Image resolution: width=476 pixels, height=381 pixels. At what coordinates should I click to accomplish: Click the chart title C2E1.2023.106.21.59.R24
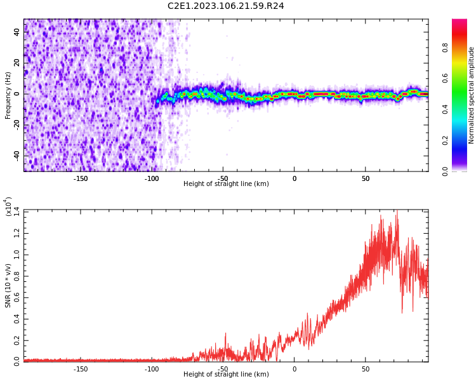226,6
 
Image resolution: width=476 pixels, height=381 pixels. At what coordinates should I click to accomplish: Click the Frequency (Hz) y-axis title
8,95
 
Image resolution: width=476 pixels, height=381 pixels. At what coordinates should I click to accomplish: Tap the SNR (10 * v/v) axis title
8,284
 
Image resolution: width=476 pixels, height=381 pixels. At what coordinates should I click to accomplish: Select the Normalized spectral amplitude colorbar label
472,95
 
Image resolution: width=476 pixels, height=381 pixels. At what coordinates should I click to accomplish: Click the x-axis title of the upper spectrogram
226,184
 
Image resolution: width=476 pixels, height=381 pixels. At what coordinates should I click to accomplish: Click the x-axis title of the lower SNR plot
226,374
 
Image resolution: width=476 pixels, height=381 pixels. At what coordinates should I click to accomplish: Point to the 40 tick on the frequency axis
17,32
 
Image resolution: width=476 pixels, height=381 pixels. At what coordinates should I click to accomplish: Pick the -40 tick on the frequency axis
17,156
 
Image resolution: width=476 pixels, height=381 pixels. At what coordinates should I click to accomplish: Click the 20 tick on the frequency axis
17,63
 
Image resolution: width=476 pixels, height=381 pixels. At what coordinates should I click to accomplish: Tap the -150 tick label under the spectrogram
81,178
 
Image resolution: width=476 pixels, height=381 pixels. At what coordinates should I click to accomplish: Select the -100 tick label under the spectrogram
152,178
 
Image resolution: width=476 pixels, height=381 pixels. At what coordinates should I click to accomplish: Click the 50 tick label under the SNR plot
366,368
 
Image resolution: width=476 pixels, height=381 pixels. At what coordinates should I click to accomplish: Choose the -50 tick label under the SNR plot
223,368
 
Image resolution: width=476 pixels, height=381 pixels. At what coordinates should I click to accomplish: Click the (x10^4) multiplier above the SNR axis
10,205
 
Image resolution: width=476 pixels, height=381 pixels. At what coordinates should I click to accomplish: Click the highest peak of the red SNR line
397,211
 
